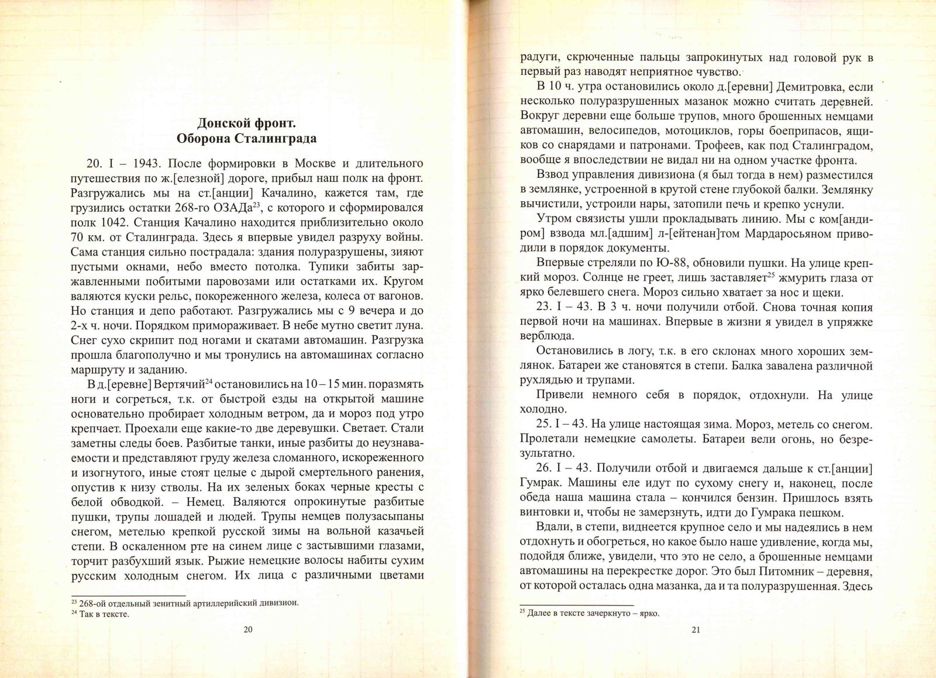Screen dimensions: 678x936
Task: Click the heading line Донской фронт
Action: (246, 123)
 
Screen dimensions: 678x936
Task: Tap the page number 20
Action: (247, 629)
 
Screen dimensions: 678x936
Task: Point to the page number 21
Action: (696, 629)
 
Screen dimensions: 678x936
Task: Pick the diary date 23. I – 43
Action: (562, 307)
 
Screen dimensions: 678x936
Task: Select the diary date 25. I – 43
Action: (562, 423)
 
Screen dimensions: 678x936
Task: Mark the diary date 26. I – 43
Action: (562, 469)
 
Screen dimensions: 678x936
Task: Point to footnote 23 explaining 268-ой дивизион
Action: (185, 603)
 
